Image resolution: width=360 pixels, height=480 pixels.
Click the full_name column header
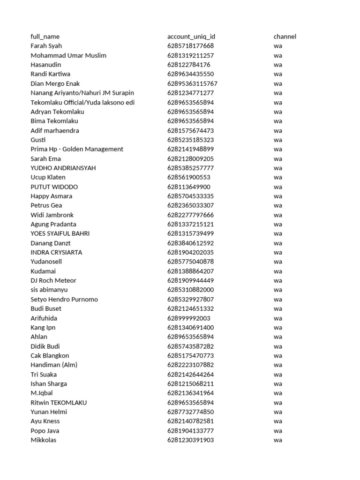point(45,37)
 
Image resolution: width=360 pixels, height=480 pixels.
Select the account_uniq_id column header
point(191,37)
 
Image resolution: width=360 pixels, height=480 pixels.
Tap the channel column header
point(285,37)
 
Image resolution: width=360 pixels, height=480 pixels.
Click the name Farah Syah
point(46,46)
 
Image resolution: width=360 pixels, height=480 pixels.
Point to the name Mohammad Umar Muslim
point(68,55)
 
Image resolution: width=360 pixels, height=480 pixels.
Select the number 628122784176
point(189,65)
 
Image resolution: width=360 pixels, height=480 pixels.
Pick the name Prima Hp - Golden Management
point(77,149)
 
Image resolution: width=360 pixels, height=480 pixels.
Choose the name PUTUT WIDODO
point(54,187)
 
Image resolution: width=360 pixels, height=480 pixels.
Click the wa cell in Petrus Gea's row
point(278,205)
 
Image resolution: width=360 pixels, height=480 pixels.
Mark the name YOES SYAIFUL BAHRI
point(60,233)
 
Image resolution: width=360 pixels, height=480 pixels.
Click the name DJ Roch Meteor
point(53,280)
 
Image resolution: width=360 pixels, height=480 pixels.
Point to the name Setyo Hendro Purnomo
point(64,299)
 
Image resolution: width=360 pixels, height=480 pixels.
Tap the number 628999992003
point(189,318)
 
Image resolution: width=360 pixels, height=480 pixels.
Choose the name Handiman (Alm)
point(54,365)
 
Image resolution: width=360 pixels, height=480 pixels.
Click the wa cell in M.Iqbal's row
point(278,393)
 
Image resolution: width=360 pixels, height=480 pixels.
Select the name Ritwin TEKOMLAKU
point(59,402)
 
